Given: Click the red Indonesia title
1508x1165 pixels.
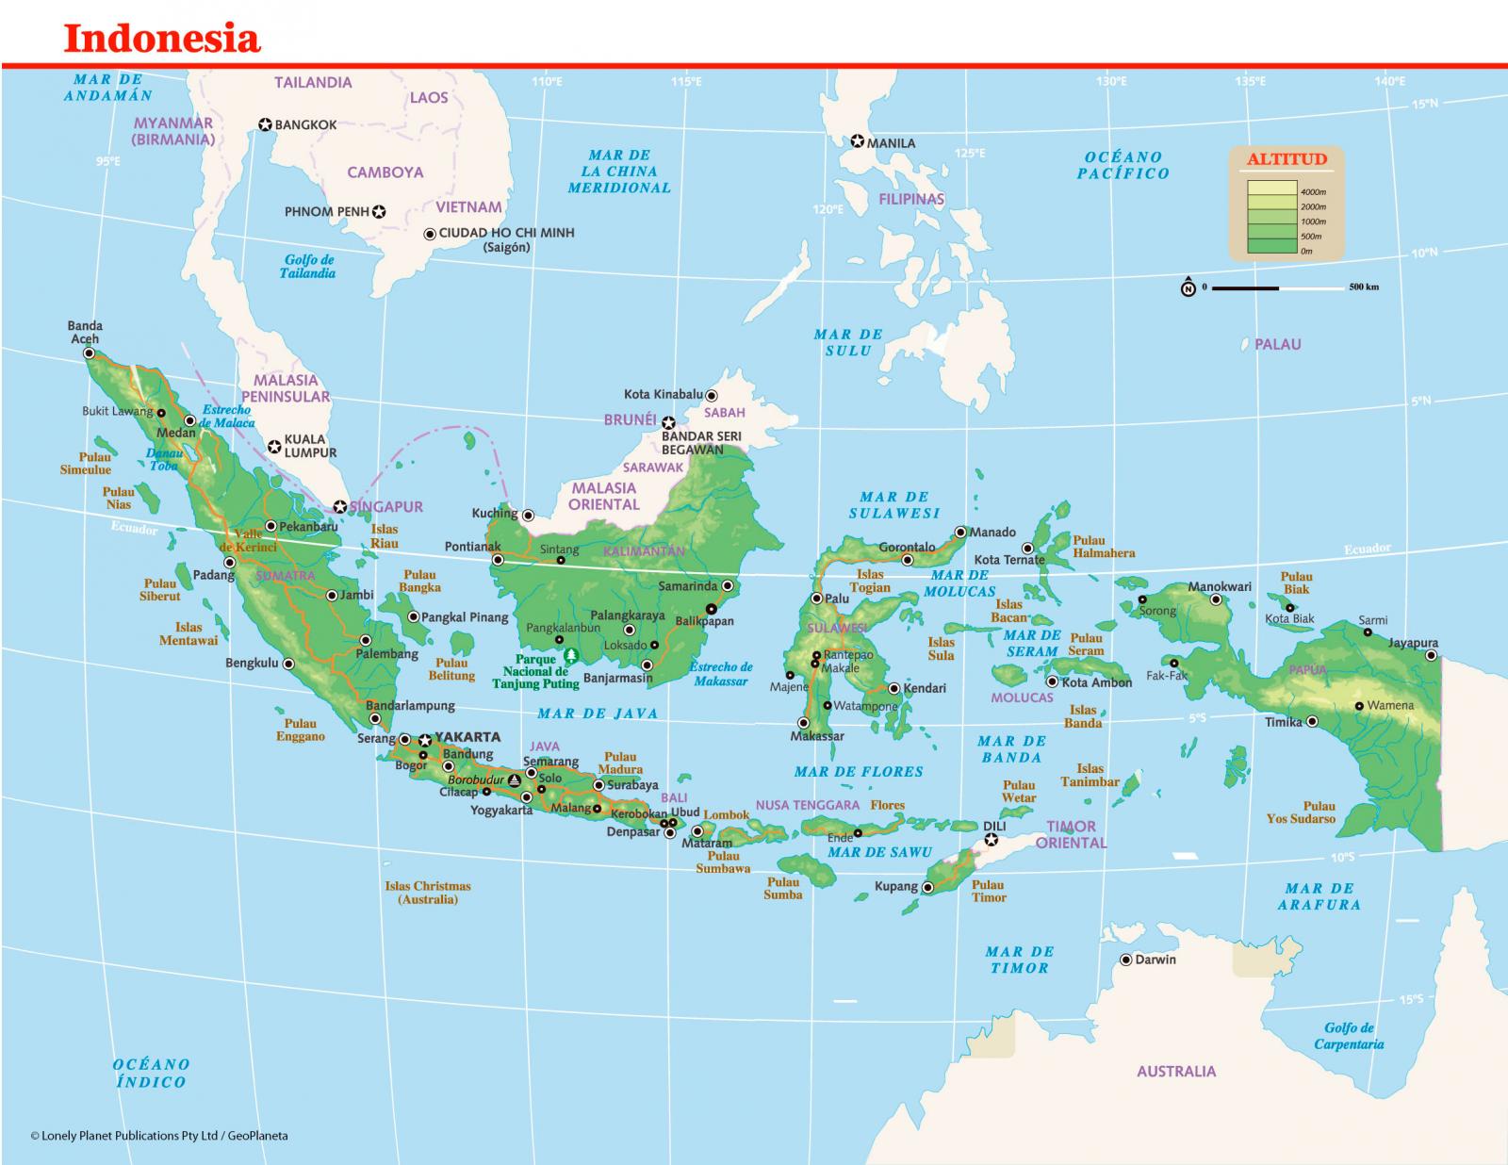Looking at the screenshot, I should coord(161,38).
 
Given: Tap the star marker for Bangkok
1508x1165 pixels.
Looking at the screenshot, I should coord(265,124).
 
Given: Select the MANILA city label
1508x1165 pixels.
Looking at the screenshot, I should coord(891,143).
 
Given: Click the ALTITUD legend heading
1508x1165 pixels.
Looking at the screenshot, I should coord(1286,159).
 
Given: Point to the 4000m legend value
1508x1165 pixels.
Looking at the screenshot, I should coord(1313,191).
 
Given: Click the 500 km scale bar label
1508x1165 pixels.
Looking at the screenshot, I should coord(1363,287).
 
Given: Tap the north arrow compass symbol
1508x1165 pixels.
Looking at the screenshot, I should coord(1188,287).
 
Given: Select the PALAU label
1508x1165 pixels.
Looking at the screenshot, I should coord(1277,345).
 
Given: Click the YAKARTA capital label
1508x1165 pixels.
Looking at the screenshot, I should coord(467,737).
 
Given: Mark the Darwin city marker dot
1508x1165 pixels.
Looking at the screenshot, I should coord(1125,960).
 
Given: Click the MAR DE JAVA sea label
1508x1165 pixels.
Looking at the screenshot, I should coord(598,714).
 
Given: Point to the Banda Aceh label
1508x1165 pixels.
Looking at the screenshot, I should coord(85,332).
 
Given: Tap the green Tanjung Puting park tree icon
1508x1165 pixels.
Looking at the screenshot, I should coord(569,654).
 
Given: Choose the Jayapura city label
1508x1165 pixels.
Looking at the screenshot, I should coord(1413,643).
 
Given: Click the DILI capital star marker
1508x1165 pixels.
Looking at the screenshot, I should coord(991,839).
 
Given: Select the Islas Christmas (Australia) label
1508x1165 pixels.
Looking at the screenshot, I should coord(427,893).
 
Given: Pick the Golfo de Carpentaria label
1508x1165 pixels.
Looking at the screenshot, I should coord(1349,1036).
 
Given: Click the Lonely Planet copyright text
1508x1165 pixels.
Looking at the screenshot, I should coord(159,1136).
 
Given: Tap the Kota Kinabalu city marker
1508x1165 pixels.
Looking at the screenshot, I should coord(712,396).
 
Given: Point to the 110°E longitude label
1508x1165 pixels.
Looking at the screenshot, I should coord(547,82).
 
